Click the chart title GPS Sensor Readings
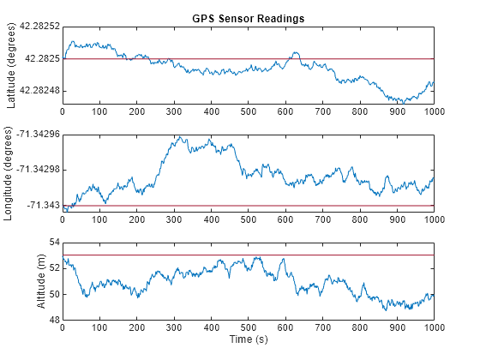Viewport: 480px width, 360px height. point(248,18)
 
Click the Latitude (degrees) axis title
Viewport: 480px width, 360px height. point(11,66)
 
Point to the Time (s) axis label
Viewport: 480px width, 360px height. point(248,339)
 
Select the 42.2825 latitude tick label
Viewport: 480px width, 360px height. point(40,58)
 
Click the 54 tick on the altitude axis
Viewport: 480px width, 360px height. point(53,243)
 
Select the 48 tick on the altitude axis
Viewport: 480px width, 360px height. point(53,320)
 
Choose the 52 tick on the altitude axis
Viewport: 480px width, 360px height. point(53,268)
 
